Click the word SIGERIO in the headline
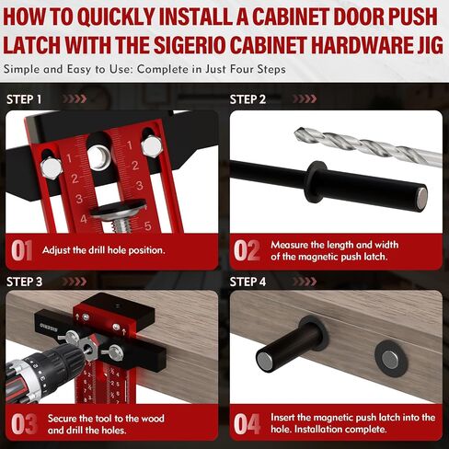[x=190, y=45]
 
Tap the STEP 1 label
[x=24, y=99]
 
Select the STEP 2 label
[x=248, y=99]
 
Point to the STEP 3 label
[x=25, y=282]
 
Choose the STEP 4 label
[x=248, y=282]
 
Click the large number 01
[x=22, y=250]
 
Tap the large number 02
[x=247, y=250]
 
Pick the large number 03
[x=24, y=424]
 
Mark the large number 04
[x=247, y=424]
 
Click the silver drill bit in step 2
[x=368, y=146]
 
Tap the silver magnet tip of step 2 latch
[x=422, y=199]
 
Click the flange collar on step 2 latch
[x=313, y=182]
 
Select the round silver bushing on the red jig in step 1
[x=98, y=155]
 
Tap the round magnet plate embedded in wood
[x=390, y=359]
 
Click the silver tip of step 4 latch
[x=264, y=361]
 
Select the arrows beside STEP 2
[x=305, y=99]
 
